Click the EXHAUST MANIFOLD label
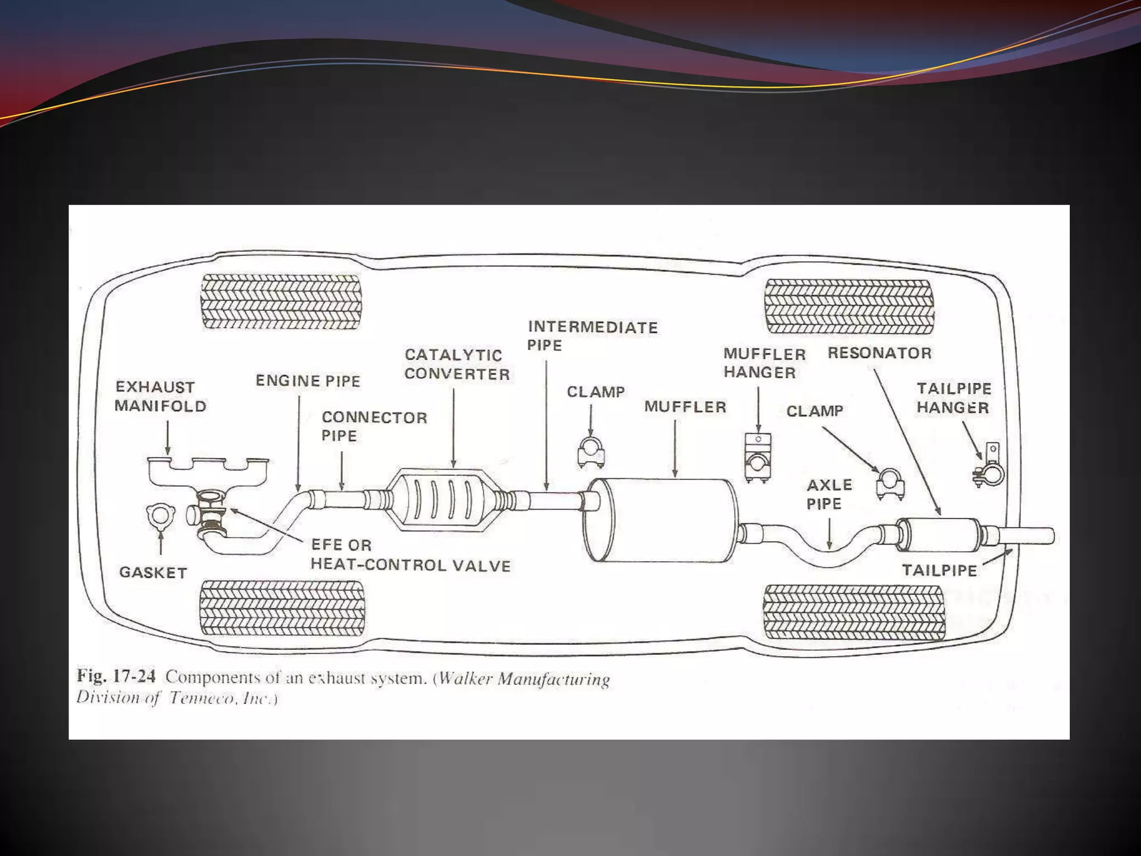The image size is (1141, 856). pos(160,396)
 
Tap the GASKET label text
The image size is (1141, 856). pos(153,572)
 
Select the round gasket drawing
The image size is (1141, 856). pos(160,515)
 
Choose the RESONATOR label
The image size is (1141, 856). pos(879,353)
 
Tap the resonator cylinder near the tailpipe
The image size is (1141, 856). pos(939,534)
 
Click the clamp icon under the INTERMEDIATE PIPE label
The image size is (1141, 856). pos(591,452)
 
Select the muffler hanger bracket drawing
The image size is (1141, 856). pos(758,458)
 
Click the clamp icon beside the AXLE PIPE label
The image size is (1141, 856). pos(890,483)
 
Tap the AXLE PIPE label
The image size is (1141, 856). pos(829,494)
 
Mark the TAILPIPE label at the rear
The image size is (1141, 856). pos(939,570)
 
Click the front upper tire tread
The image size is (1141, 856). pos(281,301)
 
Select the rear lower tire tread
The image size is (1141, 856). pos(854,612)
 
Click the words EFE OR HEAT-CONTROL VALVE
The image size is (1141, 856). pos(410,555)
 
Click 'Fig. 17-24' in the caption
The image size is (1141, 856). pos(116,677)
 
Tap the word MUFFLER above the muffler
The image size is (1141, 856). pos(685,407)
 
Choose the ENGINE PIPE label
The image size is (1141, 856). pos(308,381)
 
